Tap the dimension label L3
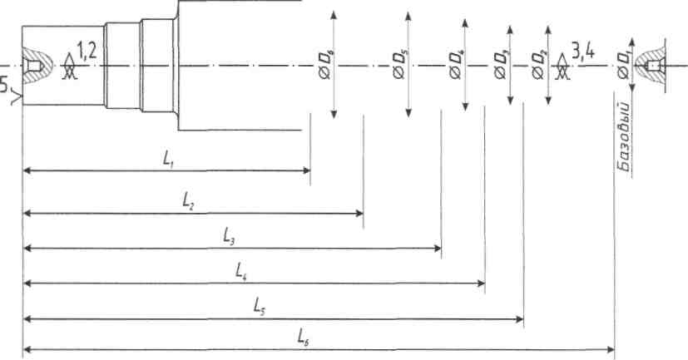[x=229, y=235]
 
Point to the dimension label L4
[x=241, y=271]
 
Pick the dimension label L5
[x=260, y=306]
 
